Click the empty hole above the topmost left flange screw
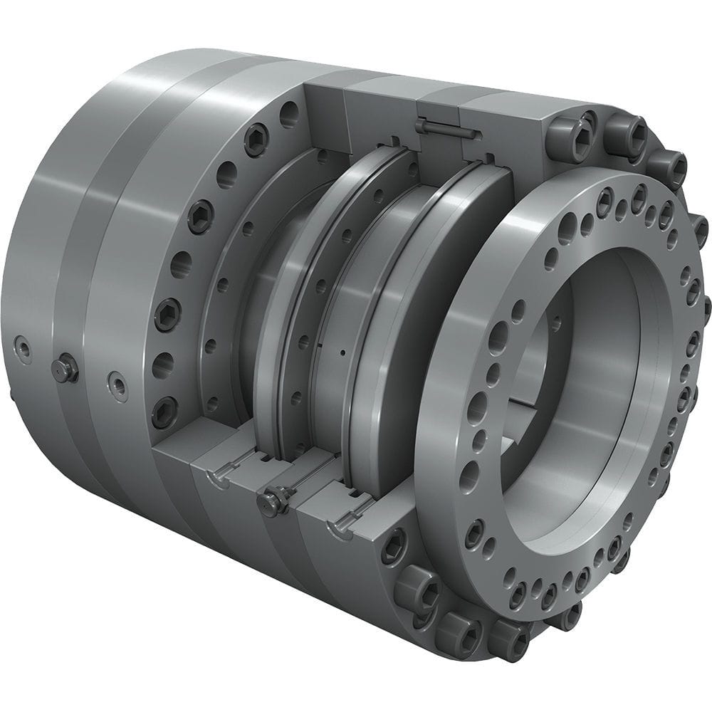point(288,114)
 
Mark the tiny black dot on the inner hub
point(342,352)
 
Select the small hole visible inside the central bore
point(555,324)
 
